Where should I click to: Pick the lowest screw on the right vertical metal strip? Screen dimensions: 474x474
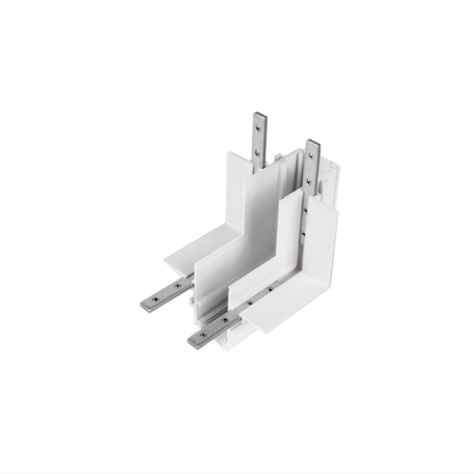pos(303,233)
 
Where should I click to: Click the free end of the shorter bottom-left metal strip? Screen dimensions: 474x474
pos(145,305)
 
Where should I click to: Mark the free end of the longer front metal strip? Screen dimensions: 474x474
pos(192,340)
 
